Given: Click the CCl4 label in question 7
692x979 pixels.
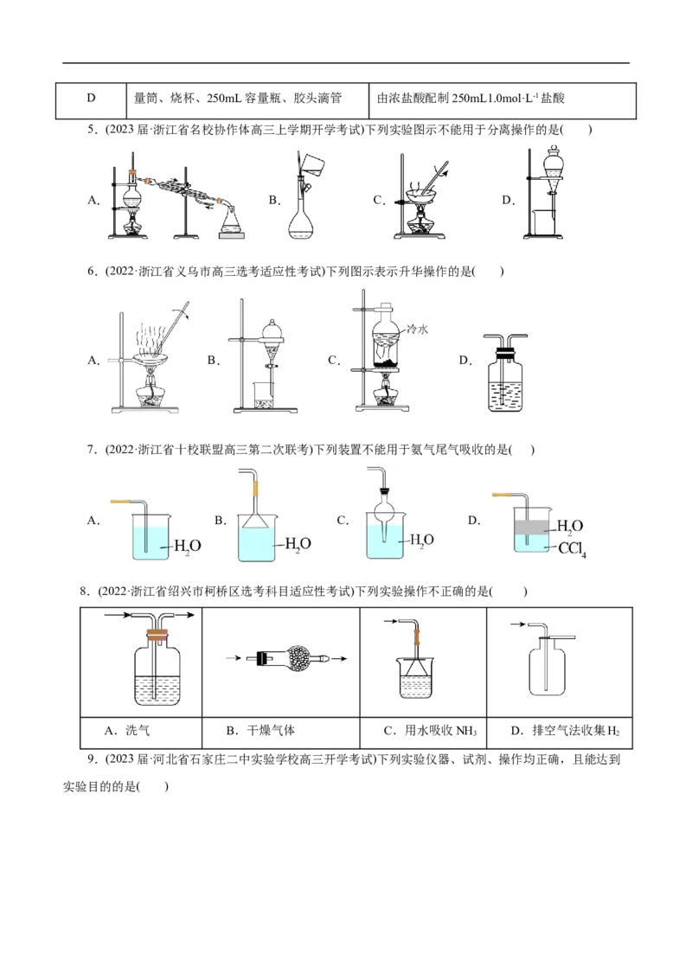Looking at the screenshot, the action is click(572, 550).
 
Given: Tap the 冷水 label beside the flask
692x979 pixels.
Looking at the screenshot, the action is click(417, 329).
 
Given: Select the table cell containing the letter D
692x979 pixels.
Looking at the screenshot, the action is click(91, 100).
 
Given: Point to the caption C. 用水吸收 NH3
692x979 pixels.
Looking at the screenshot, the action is click(430, 731).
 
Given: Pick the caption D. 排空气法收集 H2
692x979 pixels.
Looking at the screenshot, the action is click(565, 731).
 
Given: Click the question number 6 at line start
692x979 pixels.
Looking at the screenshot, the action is click(92, 271).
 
